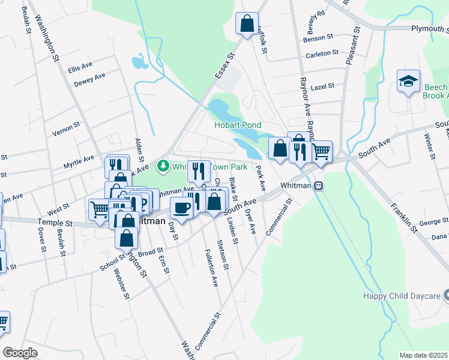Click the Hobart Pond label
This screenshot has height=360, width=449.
[238, 125]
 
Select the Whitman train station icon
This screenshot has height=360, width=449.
[320, 186]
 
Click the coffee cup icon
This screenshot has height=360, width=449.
[181, 208]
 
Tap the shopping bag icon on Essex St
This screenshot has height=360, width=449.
[247, 24]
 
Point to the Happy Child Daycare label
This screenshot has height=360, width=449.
[401, 296]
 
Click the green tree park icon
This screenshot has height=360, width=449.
[162, 166]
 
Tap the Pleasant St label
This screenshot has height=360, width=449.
[352, 46]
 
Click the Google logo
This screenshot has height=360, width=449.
[20, 352]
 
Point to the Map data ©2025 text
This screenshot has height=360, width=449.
[423, 355]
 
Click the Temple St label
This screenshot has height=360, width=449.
[55, 223]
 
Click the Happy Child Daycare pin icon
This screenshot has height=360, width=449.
[446, 295]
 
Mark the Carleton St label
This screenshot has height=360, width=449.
[322, 54]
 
